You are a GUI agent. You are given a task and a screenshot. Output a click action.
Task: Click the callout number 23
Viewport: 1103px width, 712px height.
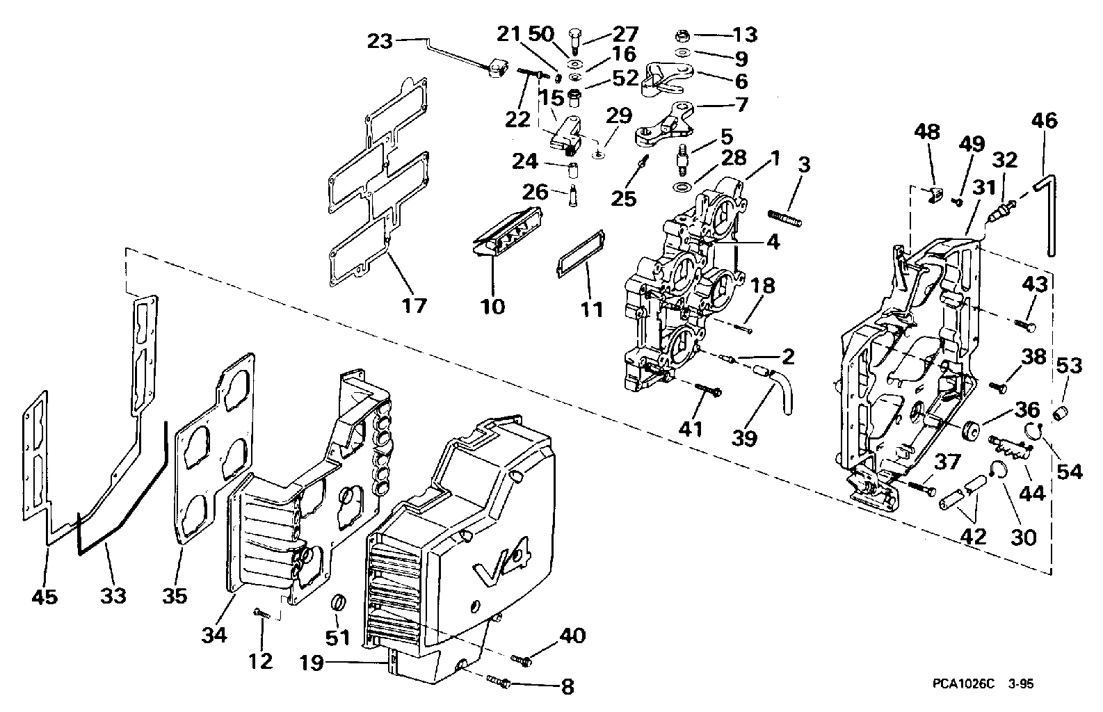click(x=380, y=41)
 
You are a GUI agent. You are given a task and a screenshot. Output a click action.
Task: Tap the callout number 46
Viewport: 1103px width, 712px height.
click(x=1045, y=121)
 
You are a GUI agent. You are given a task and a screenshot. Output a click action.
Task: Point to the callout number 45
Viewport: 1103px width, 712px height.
click(x=46, y=596)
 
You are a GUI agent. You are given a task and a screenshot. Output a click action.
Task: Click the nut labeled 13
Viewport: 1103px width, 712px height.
click(x=683, y=35)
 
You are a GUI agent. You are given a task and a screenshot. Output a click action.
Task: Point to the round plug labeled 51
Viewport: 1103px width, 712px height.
click(x=338, y=601)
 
